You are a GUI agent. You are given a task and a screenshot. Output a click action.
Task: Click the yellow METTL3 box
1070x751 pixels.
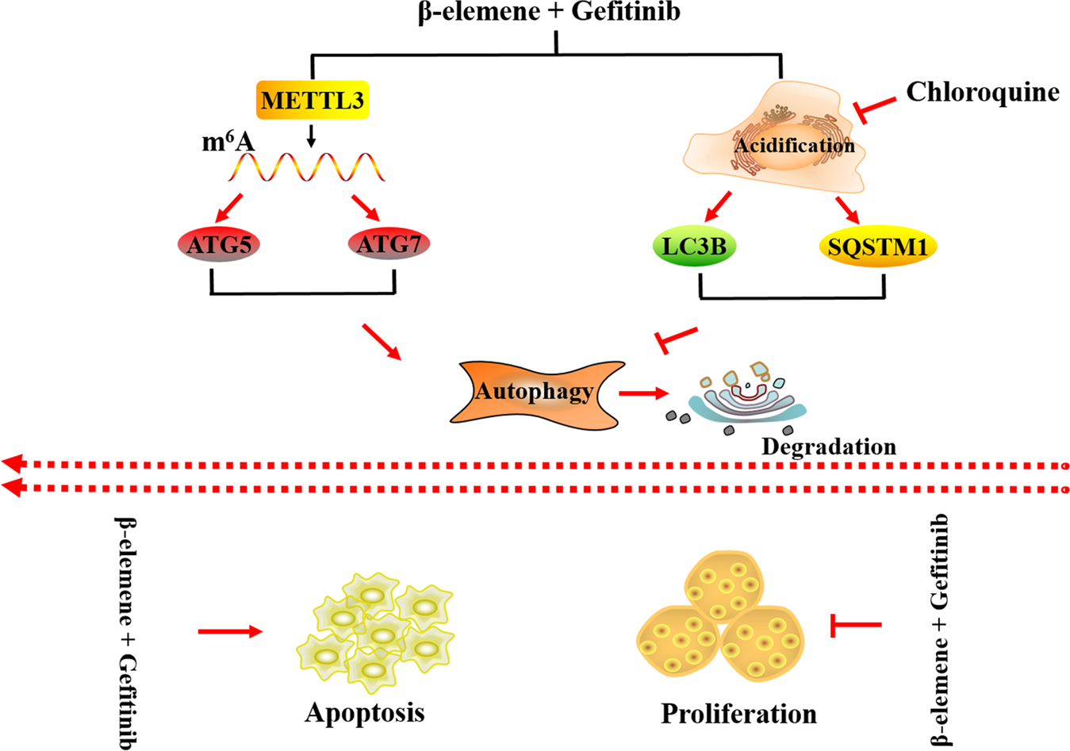pyautogui.click(x=313, y=101)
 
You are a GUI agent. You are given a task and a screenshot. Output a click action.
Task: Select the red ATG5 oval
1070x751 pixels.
pyautogui.click(x=219, y=245)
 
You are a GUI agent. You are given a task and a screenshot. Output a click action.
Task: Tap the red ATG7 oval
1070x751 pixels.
pyautogui.click(x=389, y=244)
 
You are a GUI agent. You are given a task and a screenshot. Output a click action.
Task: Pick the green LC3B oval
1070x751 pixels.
pyautogui.click(x=694, y=247)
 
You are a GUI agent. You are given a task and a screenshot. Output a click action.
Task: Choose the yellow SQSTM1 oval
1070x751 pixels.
pyautogui.click(x=876, y=247)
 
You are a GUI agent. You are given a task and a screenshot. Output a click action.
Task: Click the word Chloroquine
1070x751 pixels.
pyautogui.click(x=982, y=92)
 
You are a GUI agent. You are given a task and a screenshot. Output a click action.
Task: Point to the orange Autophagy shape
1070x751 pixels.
pyautogui.click(x=534, y=392)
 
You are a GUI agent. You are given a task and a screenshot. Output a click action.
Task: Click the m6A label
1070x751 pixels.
pyautogui.click(x=228, y=142)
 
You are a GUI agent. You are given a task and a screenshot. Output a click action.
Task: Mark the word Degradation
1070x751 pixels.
pyautogui.click(x=828, y=446)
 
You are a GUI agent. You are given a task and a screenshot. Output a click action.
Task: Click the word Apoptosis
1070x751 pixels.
pyautogui.click(x=364, y=712)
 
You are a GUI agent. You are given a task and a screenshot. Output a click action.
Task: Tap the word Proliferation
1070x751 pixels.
pyautogui.click(x=738, y=714)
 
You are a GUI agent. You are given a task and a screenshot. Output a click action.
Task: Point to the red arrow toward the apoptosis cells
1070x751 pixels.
pyautogui.click(x=229, y=631)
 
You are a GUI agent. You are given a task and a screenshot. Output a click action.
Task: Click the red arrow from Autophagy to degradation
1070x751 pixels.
pyautogui.click(x=643, y=393)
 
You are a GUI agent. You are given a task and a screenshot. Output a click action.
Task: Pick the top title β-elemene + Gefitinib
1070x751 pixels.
pyautogui.click(x=549, y=13)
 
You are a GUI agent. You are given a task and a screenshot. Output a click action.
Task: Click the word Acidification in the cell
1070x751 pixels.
pyautogui.click(x=794, y=146)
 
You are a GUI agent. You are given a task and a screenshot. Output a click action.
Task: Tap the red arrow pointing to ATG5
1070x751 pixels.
pyautogui.click(x=229, y=206)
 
